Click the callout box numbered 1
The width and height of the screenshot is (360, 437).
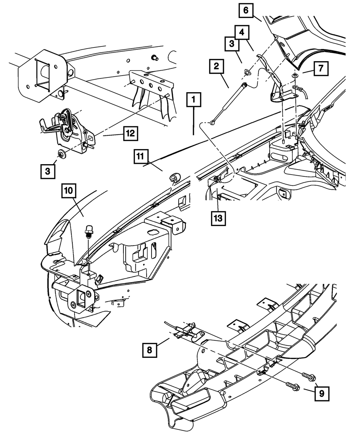point(194,99)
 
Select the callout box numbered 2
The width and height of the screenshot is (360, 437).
point(216,66)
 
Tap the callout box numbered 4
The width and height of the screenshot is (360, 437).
point(242,32)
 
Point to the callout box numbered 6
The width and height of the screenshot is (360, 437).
point(246,10)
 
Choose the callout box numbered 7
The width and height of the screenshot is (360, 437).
point(321,68)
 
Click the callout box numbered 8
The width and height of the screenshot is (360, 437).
point(149,350)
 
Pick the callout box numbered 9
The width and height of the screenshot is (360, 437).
point(322,394)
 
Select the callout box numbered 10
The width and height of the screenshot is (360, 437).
point(69,191)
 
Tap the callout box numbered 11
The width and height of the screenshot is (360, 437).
point(141,156)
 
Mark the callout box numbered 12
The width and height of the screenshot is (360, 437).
point(131,133)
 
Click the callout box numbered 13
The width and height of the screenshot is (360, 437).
point(218,218)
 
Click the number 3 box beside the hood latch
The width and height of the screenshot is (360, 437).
point(48,171)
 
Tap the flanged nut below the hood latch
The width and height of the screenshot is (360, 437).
point(62,154)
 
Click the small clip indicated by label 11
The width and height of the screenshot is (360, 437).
point(175,178)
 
